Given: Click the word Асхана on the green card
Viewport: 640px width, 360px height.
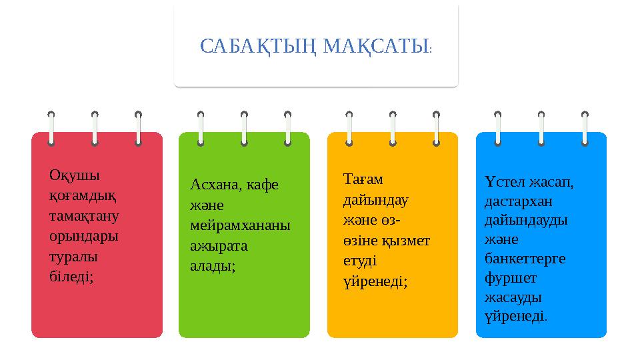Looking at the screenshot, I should pos(215,185).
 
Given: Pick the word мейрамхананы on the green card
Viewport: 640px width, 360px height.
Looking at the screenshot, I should pos(240,225).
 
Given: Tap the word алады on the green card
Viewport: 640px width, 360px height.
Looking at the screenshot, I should pos(212,266).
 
